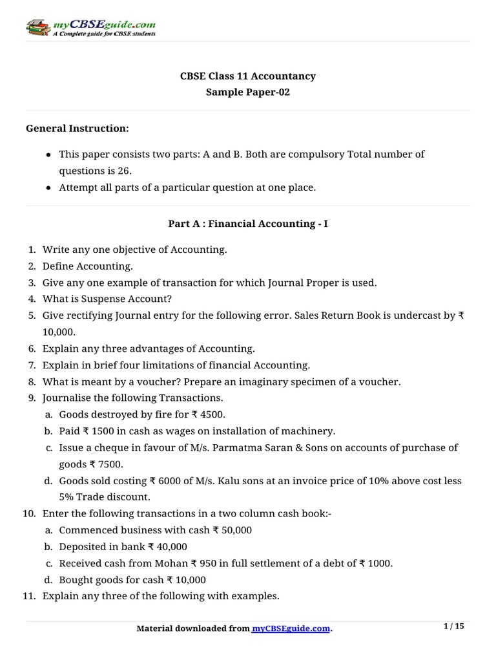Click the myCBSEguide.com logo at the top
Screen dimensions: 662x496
point(90,27)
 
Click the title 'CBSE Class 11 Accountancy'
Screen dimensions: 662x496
point(247,76)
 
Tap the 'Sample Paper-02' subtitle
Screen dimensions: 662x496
point(247,92)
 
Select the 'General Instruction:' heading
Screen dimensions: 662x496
point(77,129)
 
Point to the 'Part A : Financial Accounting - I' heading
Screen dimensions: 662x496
point(247,224)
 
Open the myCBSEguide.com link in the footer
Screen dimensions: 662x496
point(291,629)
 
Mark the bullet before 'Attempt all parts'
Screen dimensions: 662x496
point(50,188)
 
